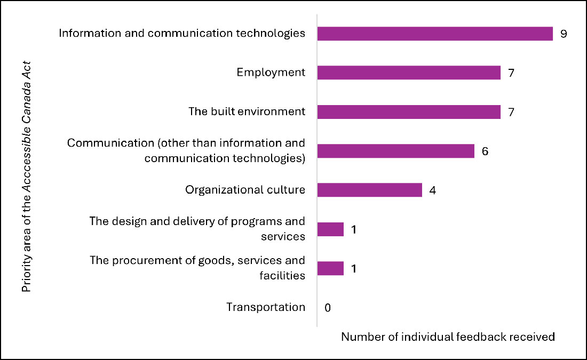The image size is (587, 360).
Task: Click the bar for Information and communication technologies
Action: (435, 34)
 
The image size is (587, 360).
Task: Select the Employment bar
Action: (409, 73)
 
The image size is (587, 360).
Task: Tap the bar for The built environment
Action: (409, 112)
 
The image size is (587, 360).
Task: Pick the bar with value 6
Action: (395, 151)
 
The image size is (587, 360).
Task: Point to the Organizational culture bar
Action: (369, 190)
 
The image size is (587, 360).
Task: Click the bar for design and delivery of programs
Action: (330, 229)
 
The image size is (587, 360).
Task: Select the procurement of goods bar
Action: (330, 268)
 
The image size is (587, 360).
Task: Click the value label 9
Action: (563, 34)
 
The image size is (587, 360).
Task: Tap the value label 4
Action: (433, 190)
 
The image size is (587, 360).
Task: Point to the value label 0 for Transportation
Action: (328, 308)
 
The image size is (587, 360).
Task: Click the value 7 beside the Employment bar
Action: (511, 73)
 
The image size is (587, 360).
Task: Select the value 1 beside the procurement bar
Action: (354, 268)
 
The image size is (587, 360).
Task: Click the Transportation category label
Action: (266, 307)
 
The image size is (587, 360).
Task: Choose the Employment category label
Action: (271, 73)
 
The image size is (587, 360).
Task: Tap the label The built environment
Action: (247, 112)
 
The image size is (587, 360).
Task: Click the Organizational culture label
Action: (245, 190)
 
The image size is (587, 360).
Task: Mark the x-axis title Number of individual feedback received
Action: (448, 337)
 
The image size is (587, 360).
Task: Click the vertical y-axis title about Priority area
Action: (27, 176)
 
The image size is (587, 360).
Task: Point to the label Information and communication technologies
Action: (182, 34)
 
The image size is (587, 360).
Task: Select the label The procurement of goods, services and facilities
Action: (197, 268)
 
